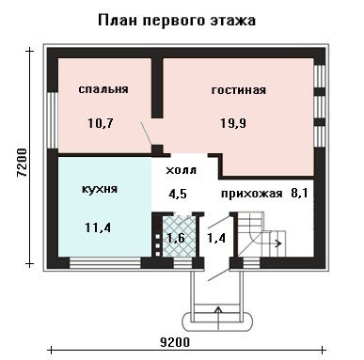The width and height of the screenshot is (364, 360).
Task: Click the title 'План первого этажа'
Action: point(177,21)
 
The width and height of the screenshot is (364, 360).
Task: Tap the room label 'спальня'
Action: point(103,89)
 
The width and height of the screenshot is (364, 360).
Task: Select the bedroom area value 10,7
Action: point(101,123)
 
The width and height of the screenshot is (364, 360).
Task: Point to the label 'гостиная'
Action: point(239,90)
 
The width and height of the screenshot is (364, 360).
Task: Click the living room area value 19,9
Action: point(233,123)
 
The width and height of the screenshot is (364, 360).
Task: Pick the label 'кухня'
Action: point(100,189)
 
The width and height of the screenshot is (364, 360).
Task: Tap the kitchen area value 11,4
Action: point(98,227)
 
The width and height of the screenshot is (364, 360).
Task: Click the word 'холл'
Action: point(181,170)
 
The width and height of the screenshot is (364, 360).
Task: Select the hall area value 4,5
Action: point(178,194)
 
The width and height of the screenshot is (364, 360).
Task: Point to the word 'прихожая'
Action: point(252,194)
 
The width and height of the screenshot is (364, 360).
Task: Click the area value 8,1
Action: point(299,193)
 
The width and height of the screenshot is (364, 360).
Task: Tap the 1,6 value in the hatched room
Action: point(176,239)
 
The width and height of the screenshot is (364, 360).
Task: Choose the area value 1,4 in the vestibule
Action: point(216,239)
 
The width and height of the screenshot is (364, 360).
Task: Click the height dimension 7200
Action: point(23,163)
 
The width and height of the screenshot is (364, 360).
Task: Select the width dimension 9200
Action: point(175,342)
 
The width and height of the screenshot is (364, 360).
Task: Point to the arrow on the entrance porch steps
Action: point(218,317)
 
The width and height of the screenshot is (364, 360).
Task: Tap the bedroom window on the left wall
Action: point(53,120)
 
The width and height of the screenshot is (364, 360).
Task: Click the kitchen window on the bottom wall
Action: point(105,262)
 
